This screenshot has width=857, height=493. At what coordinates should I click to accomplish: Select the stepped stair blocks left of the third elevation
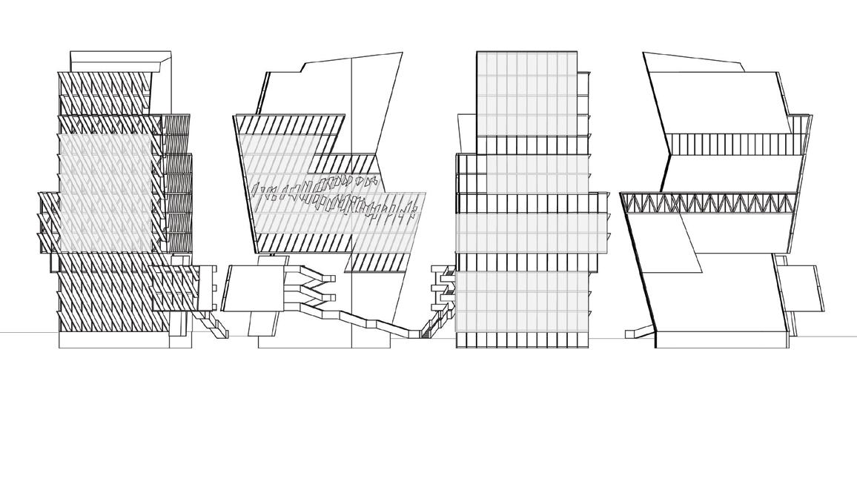click(x=446, y=285)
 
